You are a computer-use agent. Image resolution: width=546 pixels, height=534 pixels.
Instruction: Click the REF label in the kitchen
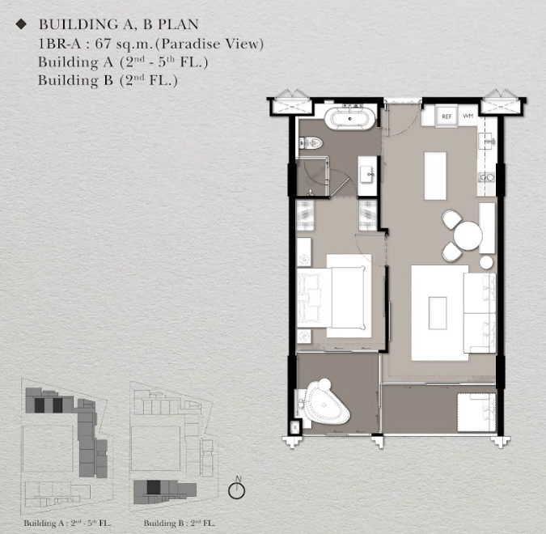click(447, 117)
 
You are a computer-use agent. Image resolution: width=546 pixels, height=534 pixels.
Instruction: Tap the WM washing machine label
click(468, 116)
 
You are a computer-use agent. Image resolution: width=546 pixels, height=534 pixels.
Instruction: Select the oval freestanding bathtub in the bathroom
click(350, 118)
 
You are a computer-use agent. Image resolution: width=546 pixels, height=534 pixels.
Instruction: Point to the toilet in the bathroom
click(311, 143)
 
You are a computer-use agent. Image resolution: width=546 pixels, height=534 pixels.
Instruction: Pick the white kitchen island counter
click(435, 176)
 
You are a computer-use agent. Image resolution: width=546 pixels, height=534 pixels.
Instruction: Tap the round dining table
click(468, 235)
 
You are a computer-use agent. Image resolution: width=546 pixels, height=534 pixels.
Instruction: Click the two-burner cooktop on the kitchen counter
click(486, 177)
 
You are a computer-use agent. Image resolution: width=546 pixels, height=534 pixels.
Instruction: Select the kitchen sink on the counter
click(487, 141)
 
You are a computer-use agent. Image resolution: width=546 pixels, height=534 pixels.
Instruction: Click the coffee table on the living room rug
click(438, 313)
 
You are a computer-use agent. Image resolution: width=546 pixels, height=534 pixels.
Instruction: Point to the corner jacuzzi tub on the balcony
click(325, 403)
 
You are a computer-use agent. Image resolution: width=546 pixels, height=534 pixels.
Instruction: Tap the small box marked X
click(295, 426)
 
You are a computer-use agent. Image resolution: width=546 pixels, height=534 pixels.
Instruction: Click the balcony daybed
click(476, 413)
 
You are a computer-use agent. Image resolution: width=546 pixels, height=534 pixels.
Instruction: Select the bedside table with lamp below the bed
click(304, 336)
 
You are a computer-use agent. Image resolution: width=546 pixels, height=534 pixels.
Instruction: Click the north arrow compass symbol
click(237, 489)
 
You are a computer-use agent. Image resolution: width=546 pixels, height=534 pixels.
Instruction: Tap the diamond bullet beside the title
click(21, 24)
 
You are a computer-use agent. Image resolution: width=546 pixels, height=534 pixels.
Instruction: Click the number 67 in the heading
click(103, 44)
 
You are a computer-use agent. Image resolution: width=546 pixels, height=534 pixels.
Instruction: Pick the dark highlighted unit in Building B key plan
click(153, 487)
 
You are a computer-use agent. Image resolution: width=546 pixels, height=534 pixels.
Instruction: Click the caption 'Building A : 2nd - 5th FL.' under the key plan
click(67, 523)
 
